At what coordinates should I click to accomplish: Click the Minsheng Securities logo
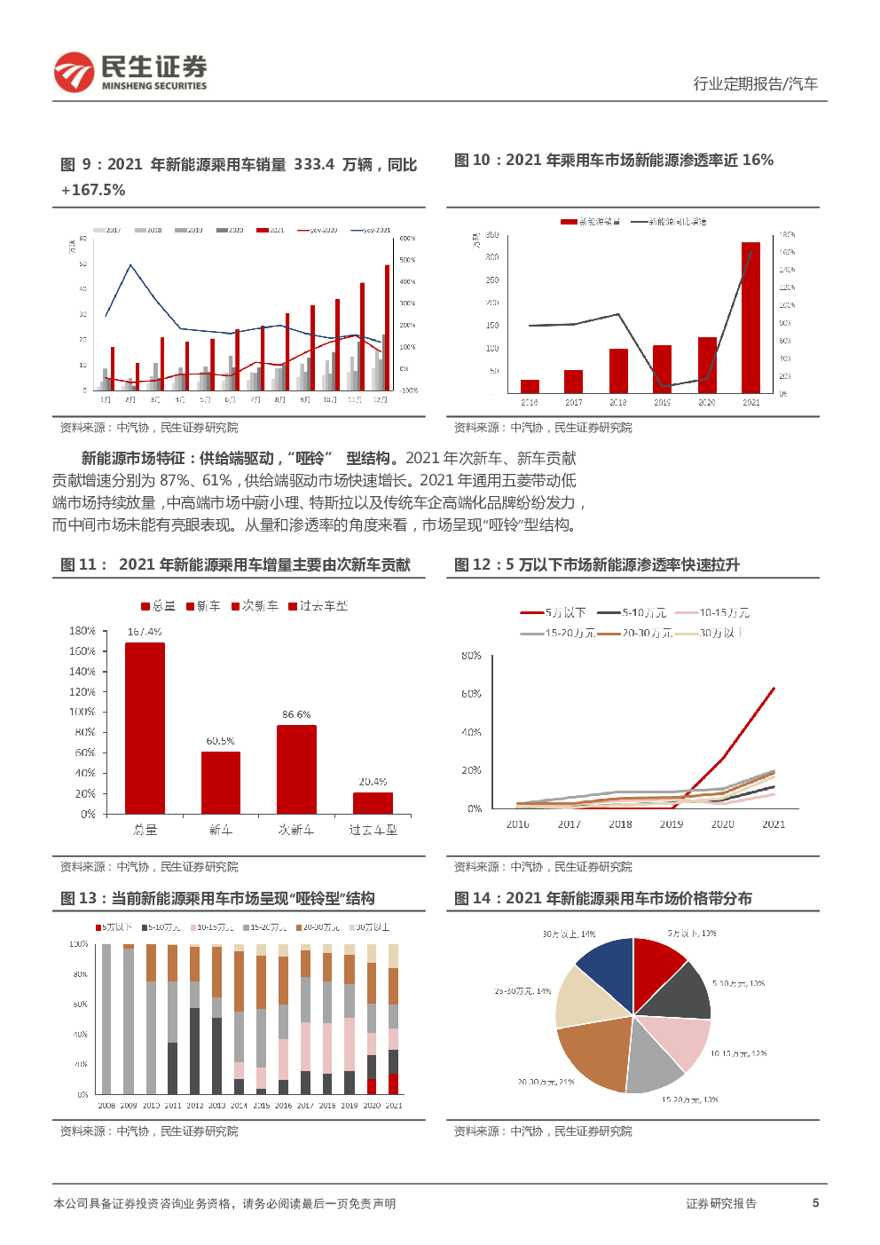coord(130,73)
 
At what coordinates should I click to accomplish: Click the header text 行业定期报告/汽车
coord(755,83)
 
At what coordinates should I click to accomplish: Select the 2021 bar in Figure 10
coord(750,318)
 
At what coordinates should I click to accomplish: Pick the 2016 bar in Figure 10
coord(530,386)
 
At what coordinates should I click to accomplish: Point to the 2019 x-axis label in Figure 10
coord(663,403)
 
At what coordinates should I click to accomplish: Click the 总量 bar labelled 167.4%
coord(145,728)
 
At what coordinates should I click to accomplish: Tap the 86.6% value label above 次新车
coord(296,714)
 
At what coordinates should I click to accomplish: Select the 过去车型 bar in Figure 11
coord(373,803)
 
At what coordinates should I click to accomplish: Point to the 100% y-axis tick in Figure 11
coord(82,712)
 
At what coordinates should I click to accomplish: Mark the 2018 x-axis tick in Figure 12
coord(620,824)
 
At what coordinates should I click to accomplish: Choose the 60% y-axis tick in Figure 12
coord(471,694)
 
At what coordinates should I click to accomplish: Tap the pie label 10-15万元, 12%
coord(738,1054)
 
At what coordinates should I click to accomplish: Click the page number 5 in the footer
coord(815,1203)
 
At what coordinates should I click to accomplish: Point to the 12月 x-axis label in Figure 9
coord(380,400)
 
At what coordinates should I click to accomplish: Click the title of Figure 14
coord(603,899)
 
